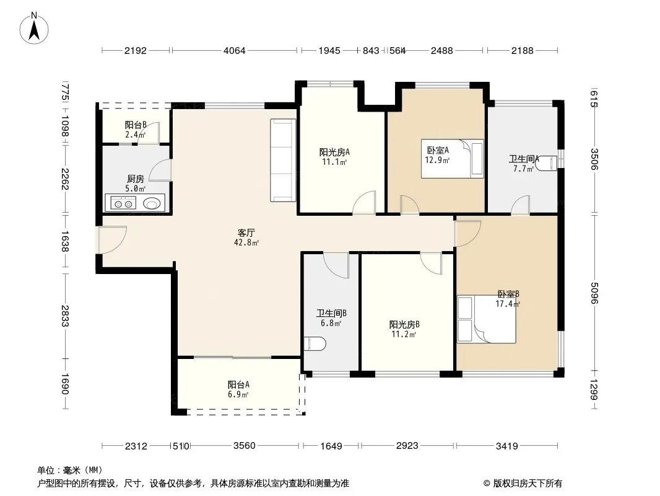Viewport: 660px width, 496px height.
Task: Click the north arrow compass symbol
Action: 34,29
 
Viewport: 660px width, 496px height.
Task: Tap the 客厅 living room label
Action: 246,232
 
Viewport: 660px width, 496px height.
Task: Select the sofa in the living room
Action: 283,160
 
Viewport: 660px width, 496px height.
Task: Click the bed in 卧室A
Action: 453,159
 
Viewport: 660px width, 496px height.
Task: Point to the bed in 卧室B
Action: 487,319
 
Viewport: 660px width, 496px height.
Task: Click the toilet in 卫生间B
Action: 315,344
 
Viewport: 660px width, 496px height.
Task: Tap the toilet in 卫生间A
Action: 547,163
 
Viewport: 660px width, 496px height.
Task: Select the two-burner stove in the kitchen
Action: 123,203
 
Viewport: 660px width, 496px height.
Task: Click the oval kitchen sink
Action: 152,203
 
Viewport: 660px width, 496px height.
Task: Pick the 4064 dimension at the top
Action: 235,51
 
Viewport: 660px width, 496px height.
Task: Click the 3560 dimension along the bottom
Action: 245,445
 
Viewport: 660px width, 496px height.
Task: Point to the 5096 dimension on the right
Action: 594,293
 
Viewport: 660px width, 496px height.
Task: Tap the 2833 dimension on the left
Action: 65,316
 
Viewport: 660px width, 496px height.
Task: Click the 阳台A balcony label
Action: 238,384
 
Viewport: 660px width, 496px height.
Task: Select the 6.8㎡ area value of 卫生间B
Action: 331,323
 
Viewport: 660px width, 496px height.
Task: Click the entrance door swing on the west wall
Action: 113,240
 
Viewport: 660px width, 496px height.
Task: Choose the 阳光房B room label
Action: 404,324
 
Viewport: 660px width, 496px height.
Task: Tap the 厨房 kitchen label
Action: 136,179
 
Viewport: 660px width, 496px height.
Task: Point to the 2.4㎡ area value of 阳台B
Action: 135,135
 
